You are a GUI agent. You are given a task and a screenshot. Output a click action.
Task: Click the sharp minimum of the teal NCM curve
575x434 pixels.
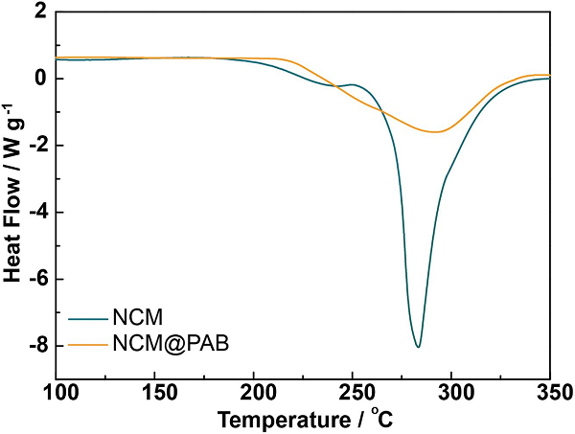[418, 346]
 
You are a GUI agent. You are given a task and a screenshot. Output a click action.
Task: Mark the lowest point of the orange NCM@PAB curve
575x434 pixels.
[436, 131]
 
